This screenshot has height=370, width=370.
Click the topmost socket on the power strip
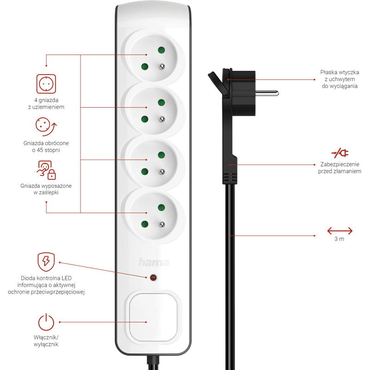pos(153,58)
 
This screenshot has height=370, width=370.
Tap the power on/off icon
pos(46,320)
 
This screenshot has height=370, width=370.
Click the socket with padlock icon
pos(46,170)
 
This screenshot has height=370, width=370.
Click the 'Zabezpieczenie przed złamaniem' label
pos(340,167)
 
